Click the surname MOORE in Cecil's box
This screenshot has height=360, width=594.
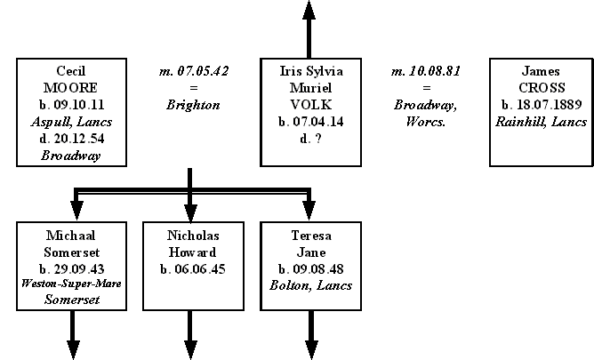click(x=70, y=88)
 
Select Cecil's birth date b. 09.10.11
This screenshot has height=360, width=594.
click(x=70, y=105)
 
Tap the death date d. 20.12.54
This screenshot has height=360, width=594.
click(x=70, y=139)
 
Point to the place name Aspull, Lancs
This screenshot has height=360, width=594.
click(x=70, y=122)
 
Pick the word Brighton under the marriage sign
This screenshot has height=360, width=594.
click(x=192, y=105)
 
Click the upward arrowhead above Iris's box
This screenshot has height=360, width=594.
click(x=309, y=11)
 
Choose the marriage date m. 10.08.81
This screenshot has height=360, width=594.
click(x=426, y=70)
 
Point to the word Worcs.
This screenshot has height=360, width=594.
click(x=426, y=122)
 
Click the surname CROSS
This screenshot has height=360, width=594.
click(x=541, y=88)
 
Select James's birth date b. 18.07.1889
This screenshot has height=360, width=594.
click(x=541, y=105)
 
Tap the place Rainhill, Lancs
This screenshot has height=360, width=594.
click(x=541, y=122)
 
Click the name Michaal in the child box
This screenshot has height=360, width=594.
click(x=70, y=236)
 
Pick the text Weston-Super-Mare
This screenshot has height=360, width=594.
click(x=70, y=284)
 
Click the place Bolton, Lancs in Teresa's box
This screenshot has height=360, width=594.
click(x=309, y=285)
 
